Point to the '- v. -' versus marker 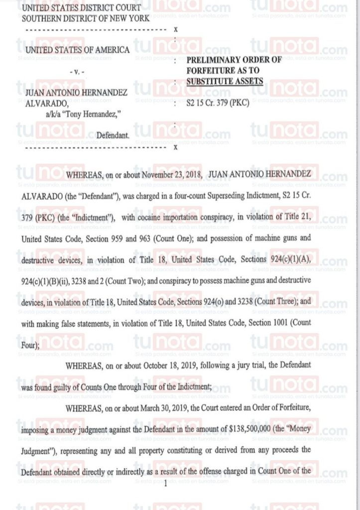click(x=77, y=73)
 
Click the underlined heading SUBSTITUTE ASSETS click(x=225, y=81)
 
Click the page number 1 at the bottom click(x=165, y=482)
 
